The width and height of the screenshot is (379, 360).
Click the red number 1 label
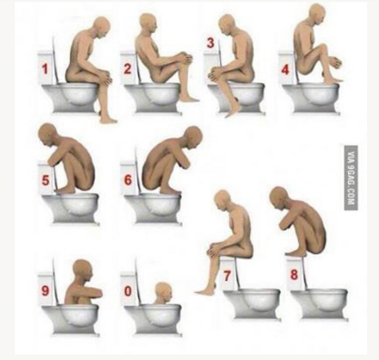[44, 69]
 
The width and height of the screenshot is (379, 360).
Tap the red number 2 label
[127, 69]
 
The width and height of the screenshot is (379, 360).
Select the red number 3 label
[210, 43]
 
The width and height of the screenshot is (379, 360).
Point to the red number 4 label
[285, 70]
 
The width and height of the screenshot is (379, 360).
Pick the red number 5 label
[46, 180]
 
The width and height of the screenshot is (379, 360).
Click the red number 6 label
[128, 180]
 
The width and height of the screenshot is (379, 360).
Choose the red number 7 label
[227, 276]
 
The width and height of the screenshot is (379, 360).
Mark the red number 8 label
[294, 274]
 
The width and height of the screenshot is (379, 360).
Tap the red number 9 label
[45, 290]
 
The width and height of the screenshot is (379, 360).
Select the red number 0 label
[128, 291]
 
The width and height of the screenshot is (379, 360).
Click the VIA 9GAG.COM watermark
[351, 178]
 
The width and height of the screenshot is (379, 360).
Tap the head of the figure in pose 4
[317, 13]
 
